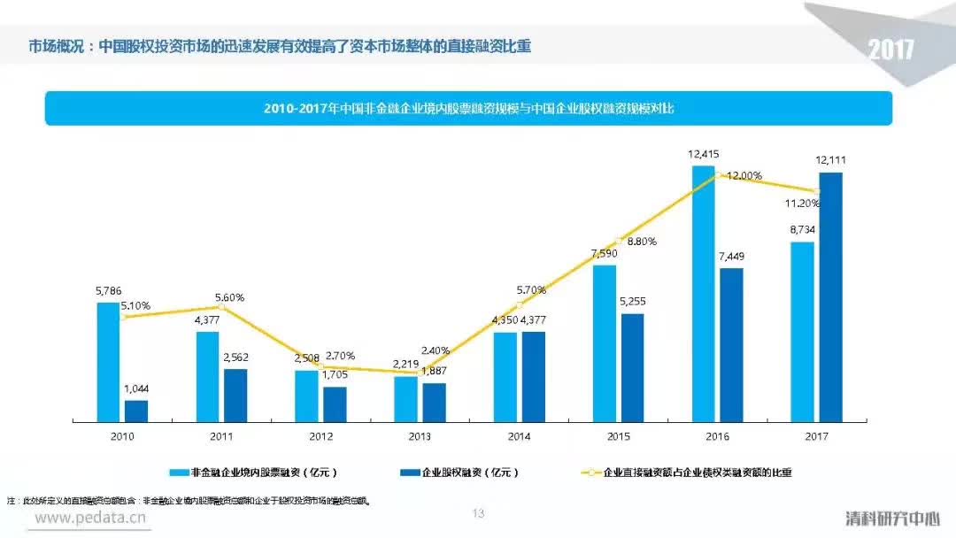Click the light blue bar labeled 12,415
(703, 292)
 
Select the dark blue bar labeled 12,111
(830, 296)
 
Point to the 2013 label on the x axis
(420, 436)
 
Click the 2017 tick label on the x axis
(816, 436)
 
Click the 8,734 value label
(802, 229)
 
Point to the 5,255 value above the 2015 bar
(632, 302)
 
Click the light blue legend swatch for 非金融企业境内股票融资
(176, 473)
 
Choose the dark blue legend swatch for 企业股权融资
(410, 473)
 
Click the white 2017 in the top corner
(890, 50)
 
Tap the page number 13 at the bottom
(479, 513)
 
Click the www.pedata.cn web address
(89, 518)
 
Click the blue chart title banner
(468, 108)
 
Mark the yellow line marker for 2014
(520, 304)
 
